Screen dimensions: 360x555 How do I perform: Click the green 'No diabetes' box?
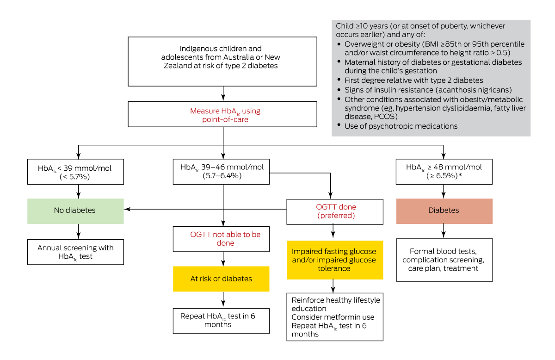75,211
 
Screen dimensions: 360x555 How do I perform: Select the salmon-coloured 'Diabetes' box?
444,211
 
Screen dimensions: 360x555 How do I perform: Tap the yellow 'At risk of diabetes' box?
221,279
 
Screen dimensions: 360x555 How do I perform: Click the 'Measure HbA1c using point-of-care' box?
222,115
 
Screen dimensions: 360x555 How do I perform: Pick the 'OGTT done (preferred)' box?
335,211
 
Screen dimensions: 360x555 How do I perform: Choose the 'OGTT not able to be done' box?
221,239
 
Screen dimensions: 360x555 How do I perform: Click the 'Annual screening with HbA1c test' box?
75,252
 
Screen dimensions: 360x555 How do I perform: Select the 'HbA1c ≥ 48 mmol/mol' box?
444,172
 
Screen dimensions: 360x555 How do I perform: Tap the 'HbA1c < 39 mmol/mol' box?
75,172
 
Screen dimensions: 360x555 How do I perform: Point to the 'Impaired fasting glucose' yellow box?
335,260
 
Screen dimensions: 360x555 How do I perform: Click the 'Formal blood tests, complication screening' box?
444,260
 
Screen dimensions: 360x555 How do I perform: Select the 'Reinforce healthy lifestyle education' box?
335,317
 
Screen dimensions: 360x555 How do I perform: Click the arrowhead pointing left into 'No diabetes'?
128,210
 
